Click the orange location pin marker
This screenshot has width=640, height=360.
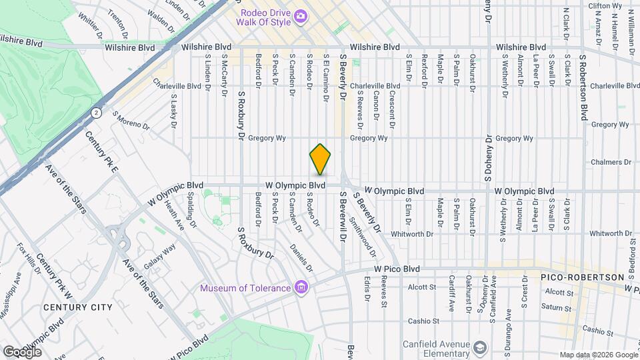(x=321, y=159)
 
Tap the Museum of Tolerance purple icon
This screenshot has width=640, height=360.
(x=301, y=287)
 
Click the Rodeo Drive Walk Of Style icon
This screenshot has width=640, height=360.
(x=301, y=15)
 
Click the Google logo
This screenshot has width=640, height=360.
(x=22, y=351)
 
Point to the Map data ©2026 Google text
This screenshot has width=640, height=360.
(x=598, y=355)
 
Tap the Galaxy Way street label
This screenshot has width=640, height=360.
(x=159, y=256)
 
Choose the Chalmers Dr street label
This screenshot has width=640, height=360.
(x=611, y=162)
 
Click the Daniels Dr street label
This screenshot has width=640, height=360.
(x=301, y=257)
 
